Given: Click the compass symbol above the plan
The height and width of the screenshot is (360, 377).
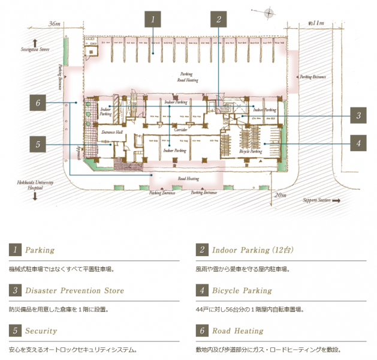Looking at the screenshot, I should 270,12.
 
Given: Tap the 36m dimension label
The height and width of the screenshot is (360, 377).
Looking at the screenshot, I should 55,23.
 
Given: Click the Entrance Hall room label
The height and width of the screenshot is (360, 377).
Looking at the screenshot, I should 111,131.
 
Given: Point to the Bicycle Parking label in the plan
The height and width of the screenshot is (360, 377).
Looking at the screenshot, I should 251,152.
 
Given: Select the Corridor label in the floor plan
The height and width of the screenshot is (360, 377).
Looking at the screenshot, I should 182,129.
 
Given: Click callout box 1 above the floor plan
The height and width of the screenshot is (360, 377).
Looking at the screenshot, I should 153,19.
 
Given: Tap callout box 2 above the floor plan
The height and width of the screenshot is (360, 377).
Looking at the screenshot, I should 219,19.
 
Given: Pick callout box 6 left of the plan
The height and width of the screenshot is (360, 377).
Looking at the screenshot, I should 38,103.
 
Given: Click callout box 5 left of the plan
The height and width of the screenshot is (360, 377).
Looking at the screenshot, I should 38,144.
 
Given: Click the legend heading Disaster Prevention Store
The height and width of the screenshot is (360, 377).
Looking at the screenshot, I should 74,290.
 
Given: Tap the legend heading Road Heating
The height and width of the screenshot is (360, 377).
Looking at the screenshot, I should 237,331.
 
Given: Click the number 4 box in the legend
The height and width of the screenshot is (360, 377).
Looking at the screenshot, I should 201,290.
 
